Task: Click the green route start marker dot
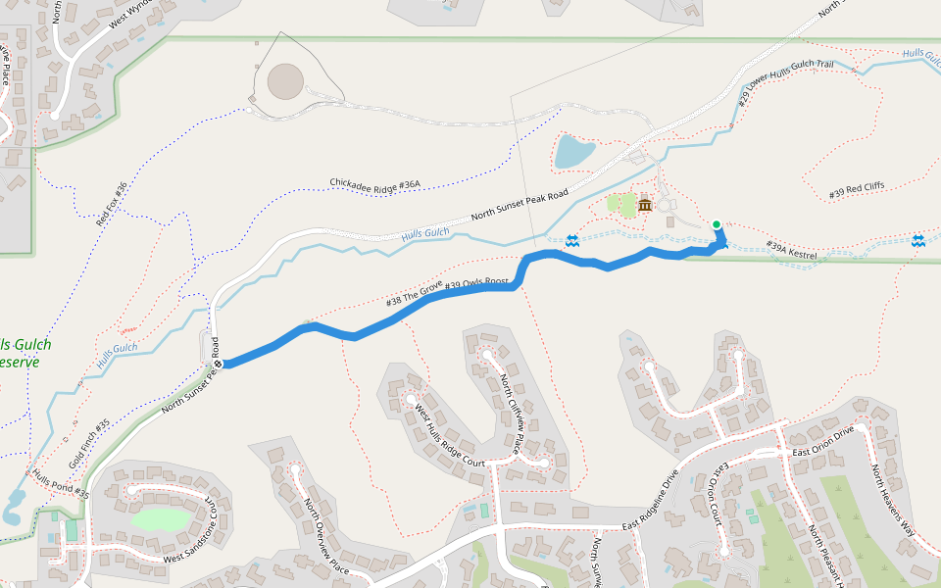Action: click(x=717, y=224)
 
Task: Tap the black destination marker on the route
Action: click(x=218, y=364)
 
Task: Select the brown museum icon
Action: click(x=645, y=205)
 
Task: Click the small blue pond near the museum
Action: click(x=573, y=152)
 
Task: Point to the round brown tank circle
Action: click(x=285, y=80)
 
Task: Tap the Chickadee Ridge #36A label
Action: click(x=374, y=182)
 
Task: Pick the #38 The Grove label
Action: click(x=414, y=296)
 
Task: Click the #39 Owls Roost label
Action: click(x=477, y=285)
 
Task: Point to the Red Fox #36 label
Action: click(x=113, y=204)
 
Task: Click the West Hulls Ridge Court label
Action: click(x=450, y=435)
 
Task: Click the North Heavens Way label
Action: click(x=893, y=500)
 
